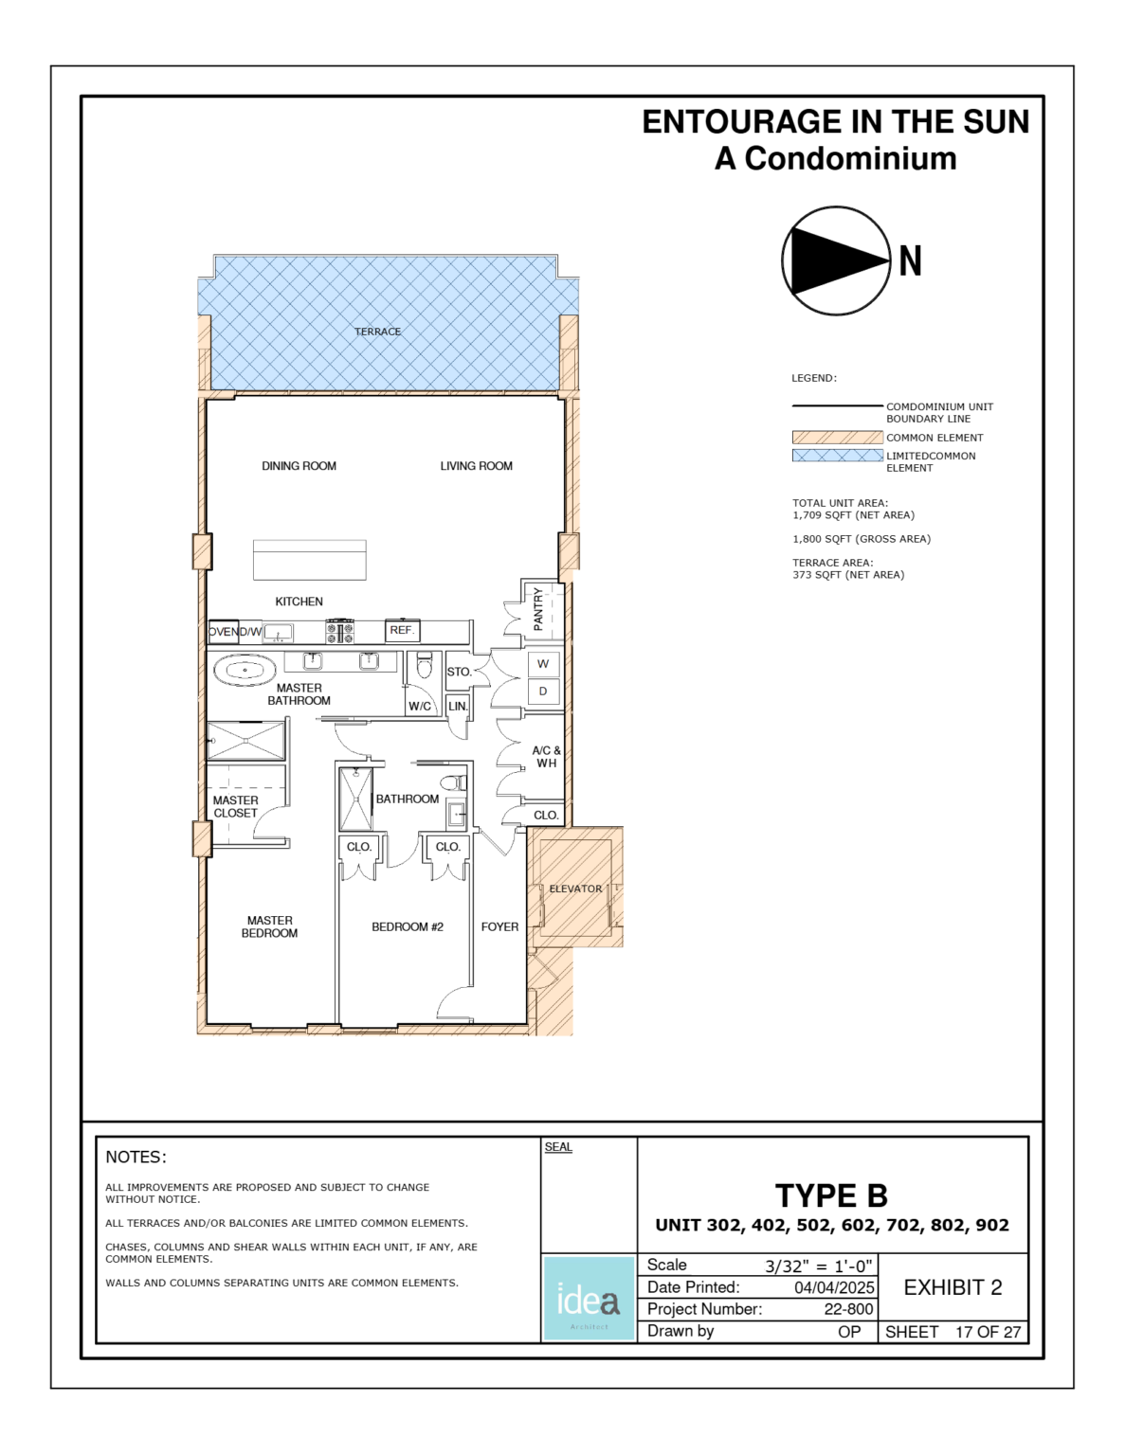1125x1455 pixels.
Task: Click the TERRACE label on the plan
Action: [x=377, y=332]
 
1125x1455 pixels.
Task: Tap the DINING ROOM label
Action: [x=299, y=466]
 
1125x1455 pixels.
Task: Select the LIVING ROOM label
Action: [x=476, y=466]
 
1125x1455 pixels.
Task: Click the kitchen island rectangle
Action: [x=309, y=560]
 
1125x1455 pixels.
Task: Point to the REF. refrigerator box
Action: [x=402, y=630]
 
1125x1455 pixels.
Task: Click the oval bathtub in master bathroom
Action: [x=245, y=671]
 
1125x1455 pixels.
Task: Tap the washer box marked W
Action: [x=543, y=664]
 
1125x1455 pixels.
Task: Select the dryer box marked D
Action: [x=543, y=692]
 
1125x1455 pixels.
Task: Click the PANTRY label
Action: [x=538, y=609]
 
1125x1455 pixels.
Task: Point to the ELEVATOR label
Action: [x=575, y=889]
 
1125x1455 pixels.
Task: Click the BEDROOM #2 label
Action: [x=408, y=926]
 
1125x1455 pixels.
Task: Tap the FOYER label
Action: [x=499, y=926]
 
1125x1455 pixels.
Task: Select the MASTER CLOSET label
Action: [x=235, y=807]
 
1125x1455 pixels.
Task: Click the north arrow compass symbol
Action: [x=836, y=260]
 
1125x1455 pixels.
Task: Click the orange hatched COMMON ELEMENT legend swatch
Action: [x=837, y=438]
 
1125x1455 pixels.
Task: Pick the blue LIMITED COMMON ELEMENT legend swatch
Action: [x=837, y=456]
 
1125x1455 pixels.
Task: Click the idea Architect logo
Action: [x=589, y=1299]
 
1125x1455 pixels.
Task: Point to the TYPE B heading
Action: [x=831, y=1195]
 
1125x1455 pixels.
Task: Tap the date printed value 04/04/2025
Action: [x=834, y=1287]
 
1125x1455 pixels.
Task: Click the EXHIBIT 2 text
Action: [x=953, y=1287]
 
